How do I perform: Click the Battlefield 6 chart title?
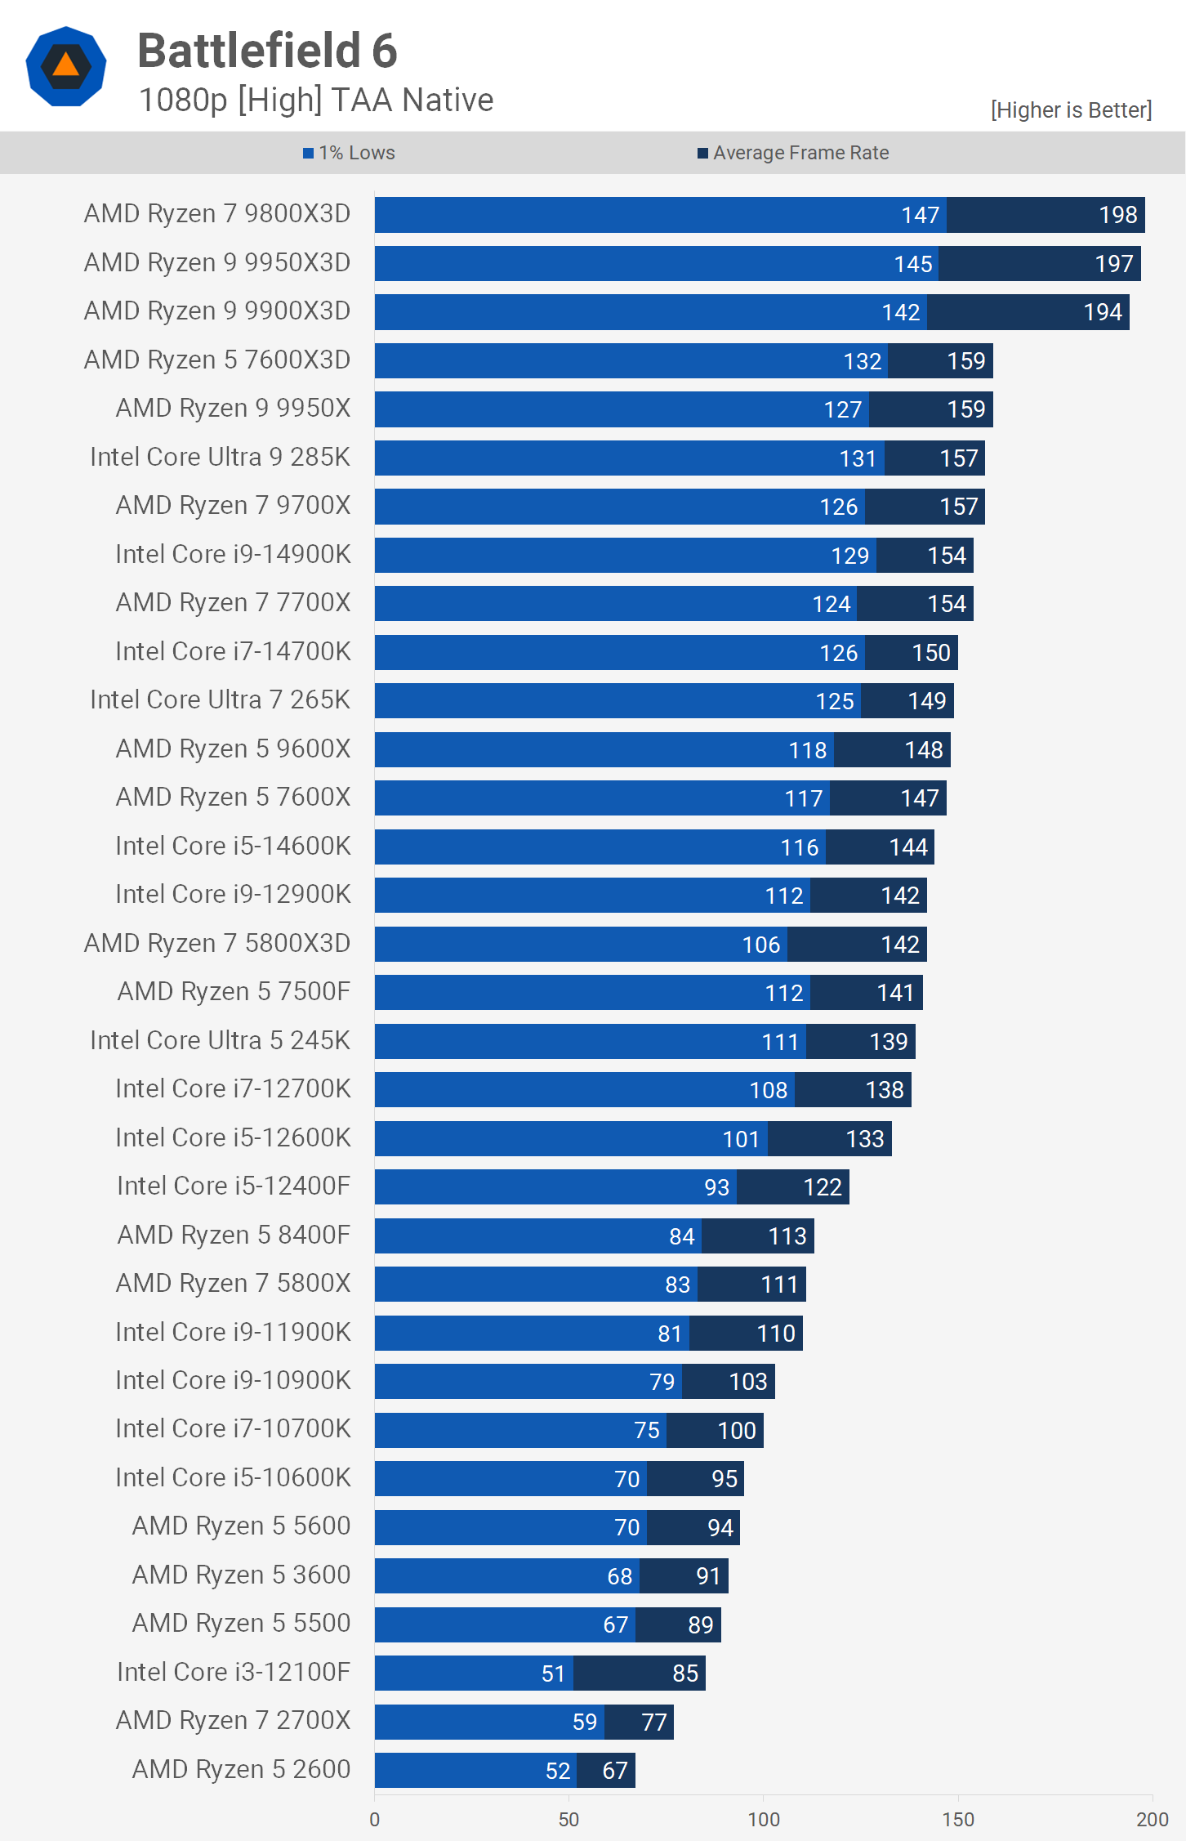(267, 51)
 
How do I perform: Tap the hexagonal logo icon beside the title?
(66, 66)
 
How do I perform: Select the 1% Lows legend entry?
(349, 153)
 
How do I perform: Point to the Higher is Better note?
(1070, 110)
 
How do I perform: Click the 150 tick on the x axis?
(958, 1820)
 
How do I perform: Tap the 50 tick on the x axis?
(568, 1820)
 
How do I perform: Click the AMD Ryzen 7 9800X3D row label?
(217, 214)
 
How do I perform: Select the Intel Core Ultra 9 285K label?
(220, 457)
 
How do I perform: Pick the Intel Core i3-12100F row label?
(234, 1672)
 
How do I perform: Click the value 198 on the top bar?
(1117, 215)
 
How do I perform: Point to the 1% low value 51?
(553, 1673)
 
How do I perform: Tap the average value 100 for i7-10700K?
(736, 1431)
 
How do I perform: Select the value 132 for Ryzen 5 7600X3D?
(862, 361)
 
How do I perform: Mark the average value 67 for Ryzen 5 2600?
(614, 1771)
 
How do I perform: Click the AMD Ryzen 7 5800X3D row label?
(217, 943)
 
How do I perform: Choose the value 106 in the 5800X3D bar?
(760, 945)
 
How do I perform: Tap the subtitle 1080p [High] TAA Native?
(316, 101)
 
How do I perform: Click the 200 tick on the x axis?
(1152, 1820)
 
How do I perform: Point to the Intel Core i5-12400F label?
(234, 1186)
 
